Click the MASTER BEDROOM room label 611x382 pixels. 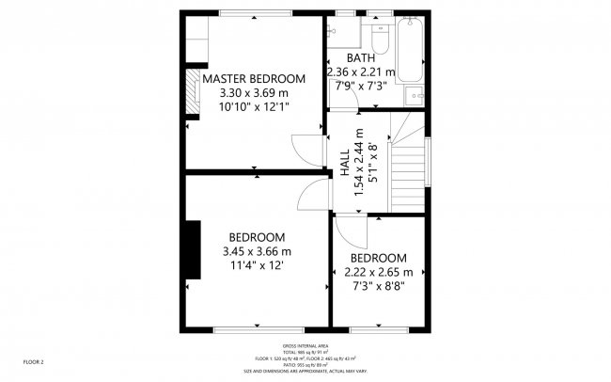tap(254, 78)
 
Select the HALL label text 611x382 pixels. tap(344, 160)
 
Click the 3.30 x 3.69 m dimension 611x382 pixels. tap(254, 93)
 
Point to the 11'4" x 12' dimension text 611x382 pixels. tap(256, 266)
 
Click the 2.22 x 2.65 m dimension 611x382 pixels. tap(378, 273)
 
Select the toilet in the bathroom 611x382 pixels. tap(380, 40)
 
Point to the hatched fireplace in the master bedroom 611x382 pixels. tap(193, 86)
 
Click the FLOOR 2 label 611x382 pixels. tap(34, 361)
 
